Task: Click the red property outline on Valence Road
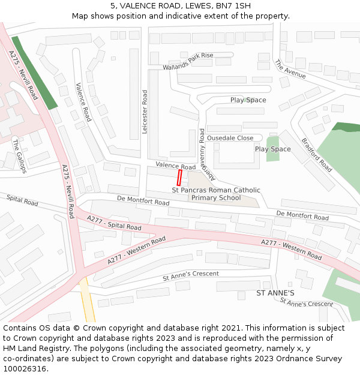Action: [179, 177]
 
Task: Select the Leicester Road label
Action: [145, 112]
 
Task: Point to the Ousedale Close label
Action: [230, 137]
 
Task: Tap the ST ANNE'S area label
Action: [275, 293]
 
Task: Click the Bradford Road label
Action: [316, 155]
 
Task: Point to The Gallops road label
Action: [19, 157]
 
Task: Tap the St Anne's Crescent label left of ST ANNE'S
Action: [191, 276]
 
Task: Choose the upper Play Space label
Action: [248, 100]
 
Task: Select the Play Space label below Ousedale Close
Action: [272, 149]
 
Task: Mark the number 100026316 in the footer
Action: [26, 368]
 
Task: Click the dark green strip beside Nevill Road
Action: [35, 73]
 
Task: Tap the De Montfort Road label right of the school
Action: [302, 215]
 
